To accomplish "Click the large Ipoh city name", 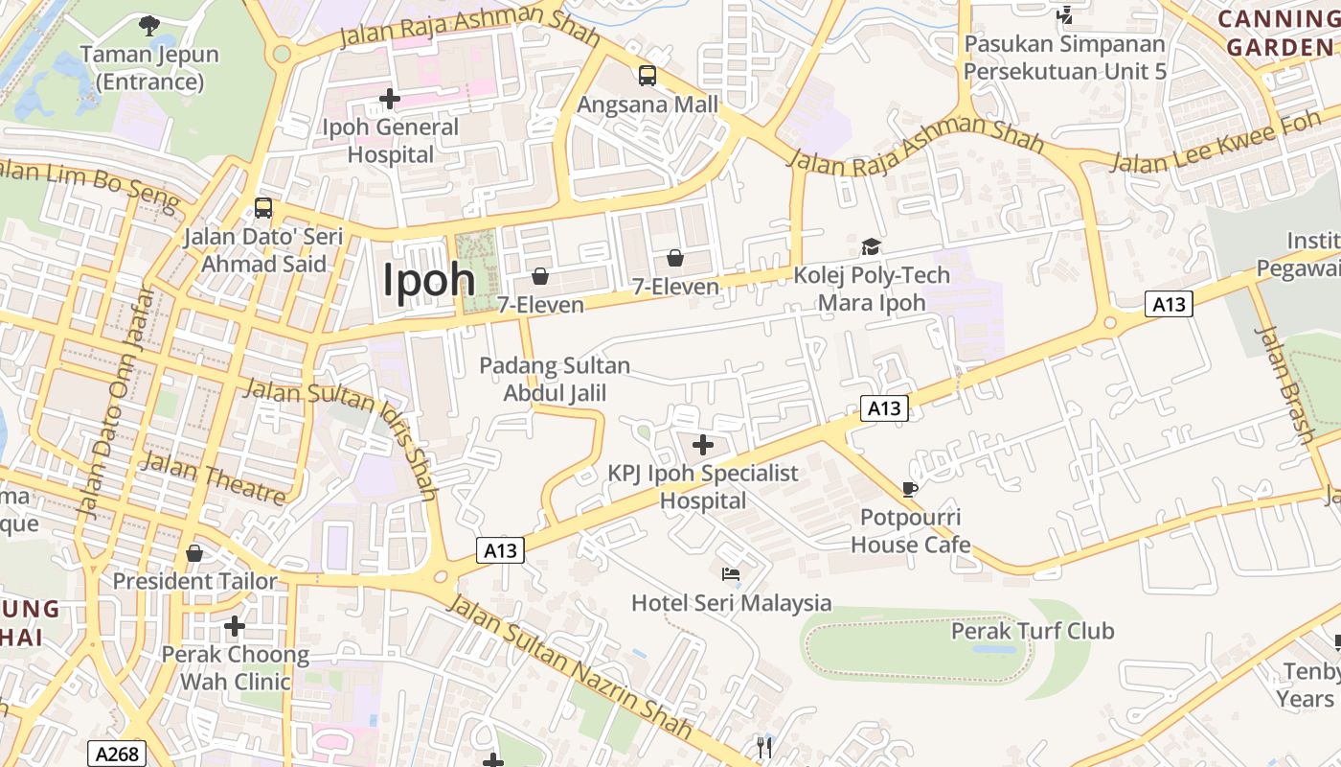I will (429, 280).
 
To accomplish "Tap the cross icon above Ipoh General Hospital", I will (389, 99).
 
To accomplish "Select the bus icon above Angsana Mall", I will (648, 76).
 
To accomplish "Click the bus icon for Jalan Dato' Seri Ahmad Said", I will (262, 208).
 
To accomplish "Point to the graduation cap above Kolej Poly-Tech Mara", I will (871, 247).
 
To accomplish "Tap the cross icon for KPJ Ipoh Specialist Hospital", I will (703, 445).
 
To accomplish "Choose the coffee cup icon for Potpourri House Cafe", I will (909, 489).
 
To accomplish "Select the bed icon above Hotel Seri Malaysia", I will (731, 574).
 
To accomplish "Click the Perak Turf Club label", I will (1033, 631).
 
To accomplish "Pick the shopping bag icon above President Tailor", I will (194, 553).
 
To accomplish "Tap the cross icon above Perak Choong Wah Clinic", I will (235, 627).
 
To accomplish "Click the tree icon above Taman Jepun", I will (148, 25).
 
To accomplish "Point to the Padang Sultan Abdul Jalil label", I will (555, 379).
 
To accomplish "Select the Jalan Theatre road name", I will (214, 477).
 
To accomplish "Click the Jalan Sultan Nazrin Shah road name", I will (569, 664).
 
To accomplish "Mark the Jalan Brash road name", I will (1285, 384).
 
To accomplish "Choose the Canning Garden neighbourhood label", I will (1279, 33).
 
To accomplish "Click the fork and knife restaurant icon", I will (764, 748).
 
